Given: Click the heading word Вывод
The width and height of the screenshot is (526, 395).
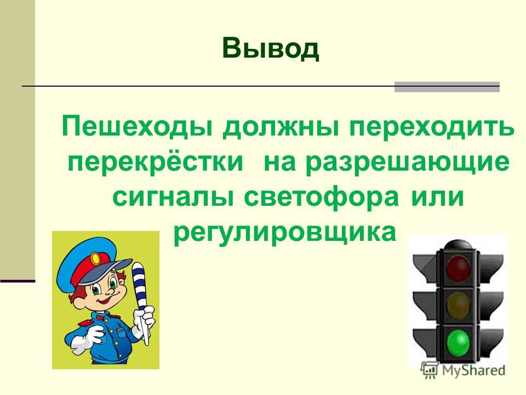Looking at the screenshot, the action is coord(270,49).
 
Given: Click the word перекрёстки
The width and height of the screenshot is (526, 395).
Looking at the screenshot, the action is coord(155,162).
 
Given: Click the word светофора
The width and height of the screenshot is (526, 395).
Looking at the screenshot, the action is coord(322,197).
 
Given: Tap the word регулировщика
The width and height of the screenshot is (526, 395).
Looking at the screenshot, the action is coord(285,233).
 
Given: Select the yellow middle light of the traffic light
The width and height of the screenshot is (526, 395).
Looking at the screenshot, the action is coord(458,304).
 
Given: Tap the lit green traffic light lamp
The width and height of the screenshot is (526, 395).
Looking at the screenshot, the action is coord(458,342).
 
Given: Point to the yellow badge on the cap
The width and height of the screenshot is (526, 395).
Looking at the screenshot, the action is coord(96,258).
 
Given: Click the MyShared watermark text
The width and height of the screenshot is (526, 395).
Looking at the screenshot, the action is coord(473,370).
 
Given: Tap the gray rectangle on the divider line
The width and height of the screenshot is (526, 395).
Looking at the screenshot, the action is coord(447,87).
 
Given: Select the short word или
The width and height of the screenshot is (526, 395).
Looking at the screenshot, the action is coord(437,197).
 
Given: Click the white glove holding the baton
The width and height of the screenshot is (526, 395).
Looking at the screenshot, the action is coord(144,321).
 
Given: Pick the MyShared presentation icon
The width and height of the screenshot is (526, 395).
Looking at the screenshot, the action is coord(430,370).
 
